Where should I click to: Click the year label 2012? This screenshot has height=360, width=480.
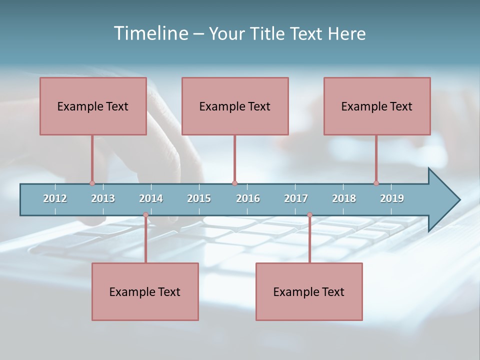(55, 198)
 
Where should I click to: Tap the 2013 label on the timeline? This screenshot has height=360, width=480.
(103, 198)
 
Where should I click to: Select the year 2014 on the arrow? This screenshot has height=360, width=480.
(151, 198)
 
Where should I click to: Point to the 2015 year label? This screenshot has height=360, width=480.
(199, 198)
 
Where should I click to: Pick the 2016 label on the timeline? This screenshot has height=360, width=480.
(248, 198)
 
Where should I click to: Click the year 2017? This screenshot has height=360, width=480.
(296, 198)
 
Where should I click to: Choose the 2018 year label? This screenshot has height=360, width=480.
(344, 198)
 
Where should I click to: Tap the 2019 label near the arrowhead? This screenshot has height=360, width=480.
(392, 198)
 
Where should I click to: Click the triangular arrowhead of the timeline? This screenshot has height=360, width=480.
(443, 200)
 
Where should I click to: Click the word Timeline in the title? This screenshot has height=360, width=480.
(150, 33)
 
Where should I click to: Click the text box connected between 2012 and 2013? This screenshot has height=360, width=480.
(93, 106)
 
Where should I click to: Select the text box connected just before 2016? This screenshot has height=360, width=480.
(235, 106)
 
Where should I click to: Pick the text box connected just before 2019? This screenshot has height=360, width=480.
(377, 106)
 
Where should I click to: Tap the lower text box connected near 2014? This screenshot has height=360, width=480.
(145, 291)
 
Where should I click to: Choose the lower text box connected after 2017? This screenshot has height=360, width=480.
(309, 291)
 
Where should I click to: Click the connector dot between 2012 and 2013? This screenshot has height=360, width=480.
(92, 183)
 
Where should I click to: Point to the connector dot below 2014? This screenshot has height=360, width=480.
(145, 215)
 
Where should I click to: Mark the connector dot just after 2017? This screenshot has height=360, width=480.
(309, 215)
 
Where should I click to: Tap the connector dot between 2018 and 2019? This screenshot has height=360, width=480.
(376, 183)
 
